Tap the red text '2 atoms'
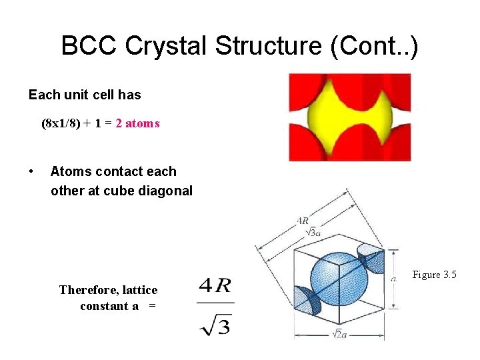pos(137,123)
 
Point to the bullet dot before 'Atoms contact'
pos(32,172)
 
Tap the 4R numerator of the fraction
pos(215,286)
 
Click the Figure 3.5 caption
pos(434,275)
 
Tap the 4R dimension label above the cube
pos(303,221)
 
